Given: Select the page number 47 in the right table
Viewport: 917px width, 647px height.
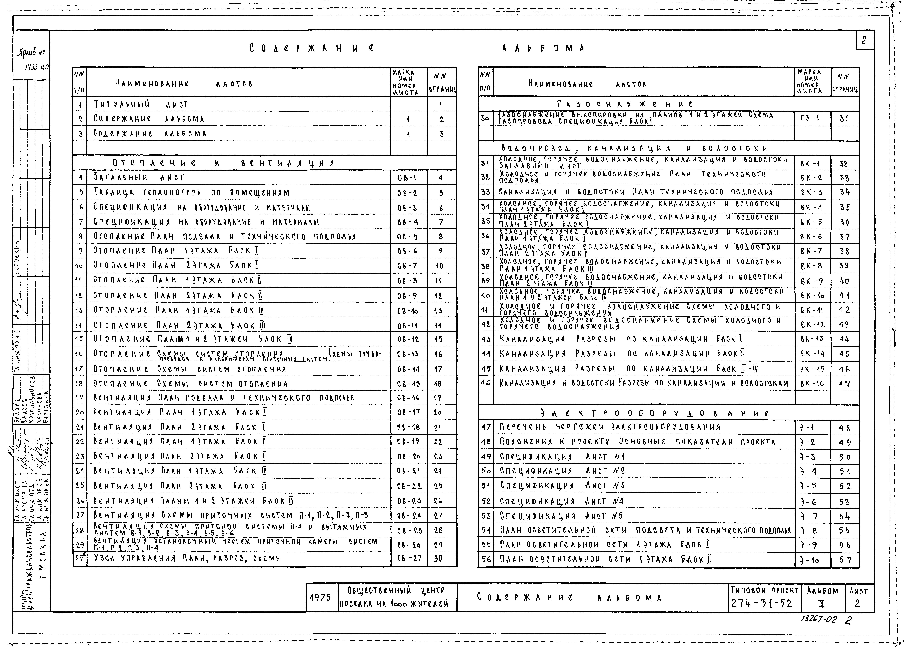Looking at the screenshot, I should [844, 384].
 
